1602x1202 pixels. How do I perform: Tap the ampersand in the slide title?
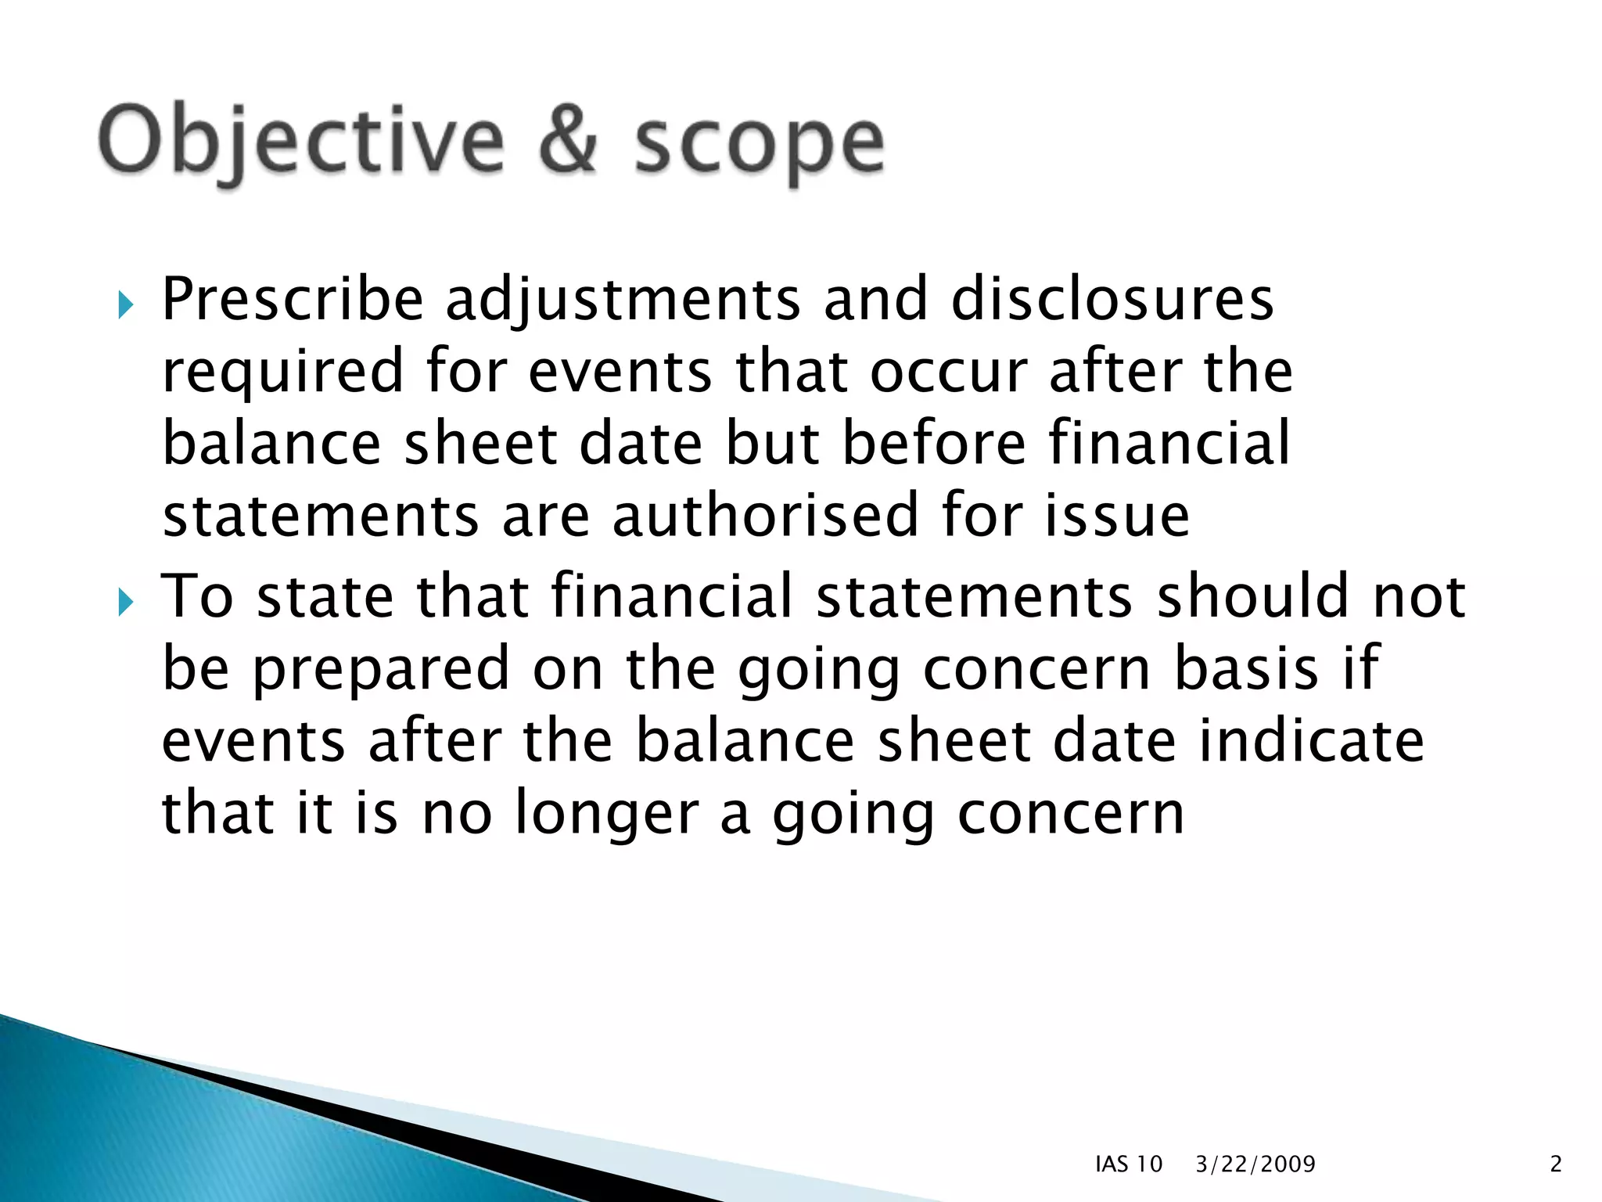569,141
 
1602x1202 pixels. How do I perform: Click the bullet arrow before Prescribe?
126,304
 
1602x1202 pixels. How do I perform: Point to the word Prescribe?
293,300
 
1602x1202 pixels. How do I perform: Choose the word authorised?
765,516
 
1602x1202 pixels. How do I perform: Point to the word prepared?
382,670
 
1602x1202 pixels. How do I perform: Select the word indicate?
1311,741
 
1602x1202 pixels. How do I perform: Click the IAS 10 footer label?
1129,1164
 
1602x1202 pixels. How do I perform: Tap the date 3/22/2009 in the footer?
1255,1164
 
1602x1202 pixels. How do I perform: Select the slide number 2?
1556,1164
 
